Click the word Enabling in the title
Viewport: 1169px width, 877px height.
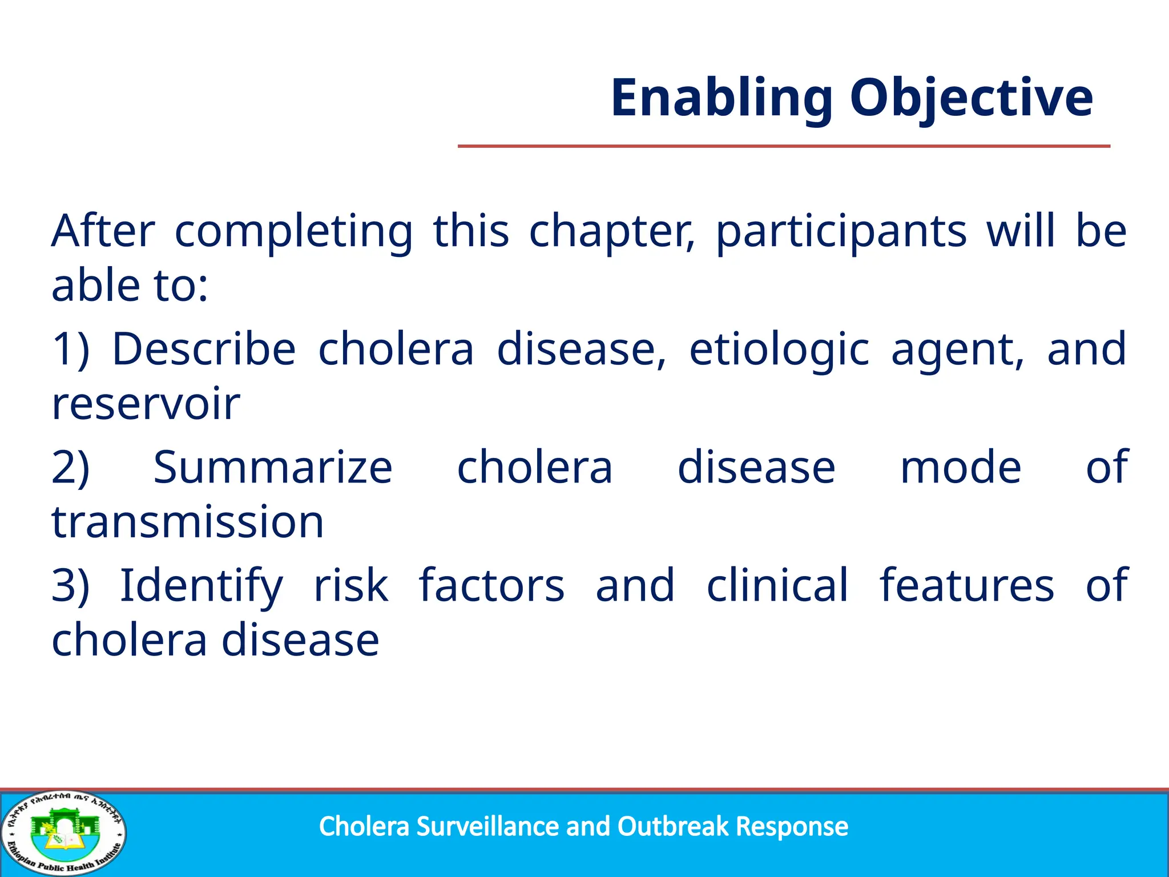721,98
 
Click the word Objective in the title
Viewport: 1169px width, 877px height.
971,98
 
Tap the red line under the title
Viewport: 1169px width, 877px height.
784,146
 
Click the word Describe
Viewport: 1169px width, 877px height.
204,349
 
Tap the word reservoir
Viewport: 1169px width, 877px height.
146,404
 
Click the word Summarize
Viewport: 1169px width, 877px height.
273,468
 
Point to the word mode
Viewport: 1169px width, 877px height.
961,468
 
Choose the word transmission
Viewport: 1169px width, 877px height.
187,522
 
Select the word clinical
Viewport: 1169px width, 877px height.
777,585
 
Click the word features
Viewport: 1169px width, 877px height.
966,585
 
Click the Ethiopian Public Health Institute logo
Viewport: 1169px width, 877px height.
64,833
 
